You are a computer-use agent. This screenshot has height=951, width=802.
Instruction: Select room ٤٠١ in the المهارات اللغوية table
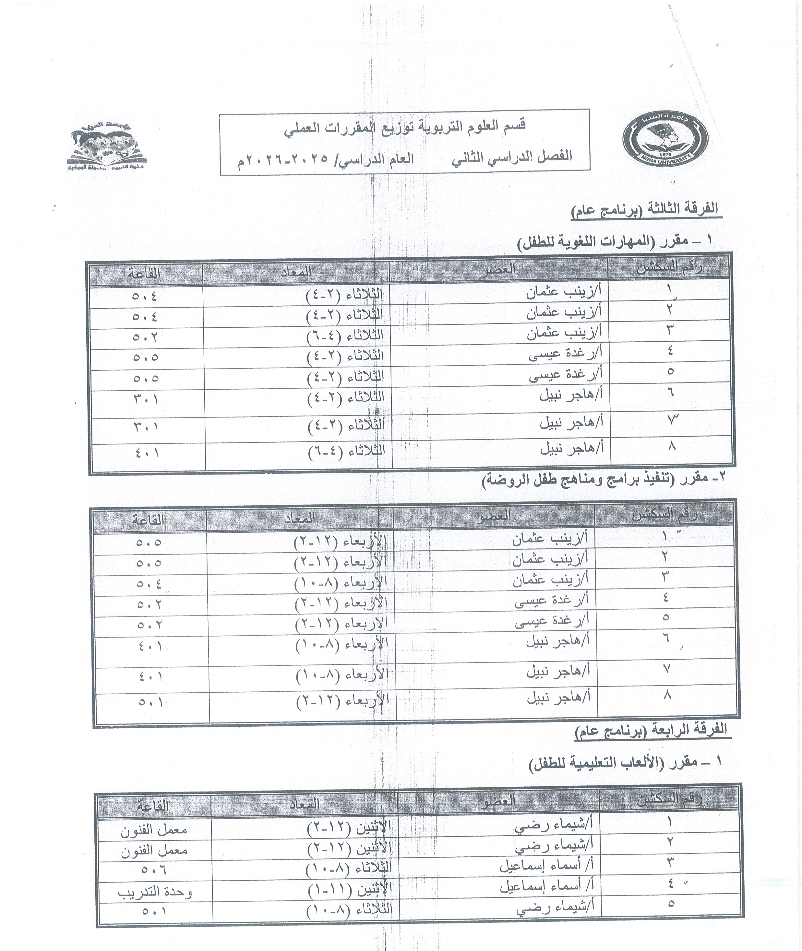[x=146, y=452]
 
